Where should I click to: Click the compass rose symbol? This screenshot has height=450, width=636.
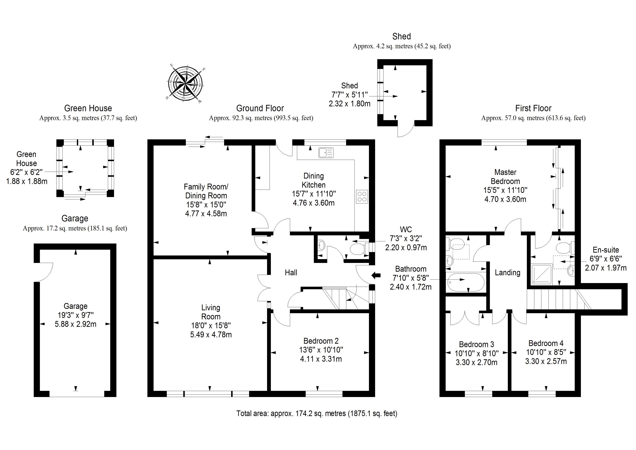point(185,83)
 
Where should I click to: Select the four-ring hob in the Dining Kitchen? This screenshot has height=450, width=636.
point(362,197)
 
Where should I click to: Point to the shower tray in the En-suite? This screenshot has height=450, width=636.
point(541,274)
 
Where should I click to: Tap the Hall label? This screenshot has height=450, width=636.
point(291,273)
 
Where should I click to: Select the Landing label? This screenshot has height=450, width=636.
point(507,273)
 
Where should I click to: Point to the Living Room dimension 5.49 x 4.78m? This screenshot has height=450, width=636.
point(211,334)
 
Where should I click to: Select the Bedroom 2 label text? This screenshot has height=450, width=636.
point(321,341)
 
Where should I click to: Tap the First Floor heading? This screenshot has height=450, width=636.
point(533,108)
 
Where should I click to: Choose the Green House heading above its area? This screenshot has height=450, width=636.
point(88,108)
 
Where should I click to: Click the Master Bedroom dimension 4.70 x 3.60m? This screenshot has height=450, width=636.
point(505,199)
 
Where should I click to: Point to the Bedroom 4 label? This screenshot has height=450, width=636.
point(546,343)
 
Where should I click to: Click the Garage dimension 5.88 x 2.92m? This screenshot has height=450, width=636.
point(75,324)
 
